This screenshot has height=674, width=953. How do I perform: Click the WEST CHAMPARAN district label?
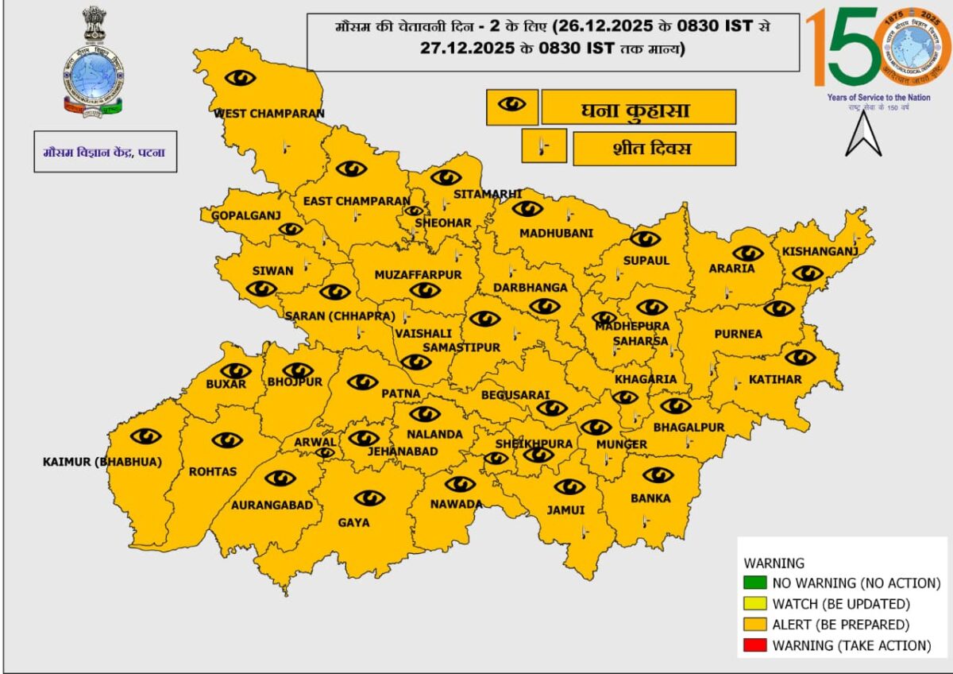(269, 114)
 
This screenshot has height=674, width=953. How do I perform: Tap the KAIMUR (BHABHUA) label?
(102, 462)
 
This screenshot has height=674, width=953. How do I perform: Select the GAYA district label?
(353, 522)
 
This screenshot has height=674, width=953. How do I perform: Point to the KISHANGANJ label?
(820, 252)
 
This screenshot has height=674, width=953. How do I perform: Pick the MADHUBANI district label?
(556, 233)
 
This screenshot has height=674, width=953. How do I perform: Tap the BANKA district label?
(650, 498)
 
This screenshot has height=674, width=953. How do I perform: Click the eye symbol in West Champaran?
(240, 78)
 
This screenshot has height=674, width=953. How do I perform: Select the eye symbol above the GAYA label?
(369, 498)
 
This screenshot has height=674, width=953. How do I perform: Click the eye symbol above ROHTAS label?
(227, 440)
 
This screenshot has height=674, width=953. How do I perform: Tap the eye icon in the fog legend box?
(511, 105)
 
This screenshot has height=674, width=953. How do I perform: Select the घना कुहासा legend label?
(639, 108)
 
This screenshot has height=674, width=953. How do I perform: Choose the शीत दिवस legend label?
(653, 149)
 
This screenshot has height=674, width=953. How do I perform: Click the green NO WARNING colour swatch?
(755, 583)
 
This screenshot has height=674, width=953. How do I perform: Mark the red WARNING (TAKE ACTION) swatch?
(755, 645)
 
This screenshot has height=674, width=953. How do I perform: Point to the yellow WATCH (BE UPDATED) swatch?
(755, 603)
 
